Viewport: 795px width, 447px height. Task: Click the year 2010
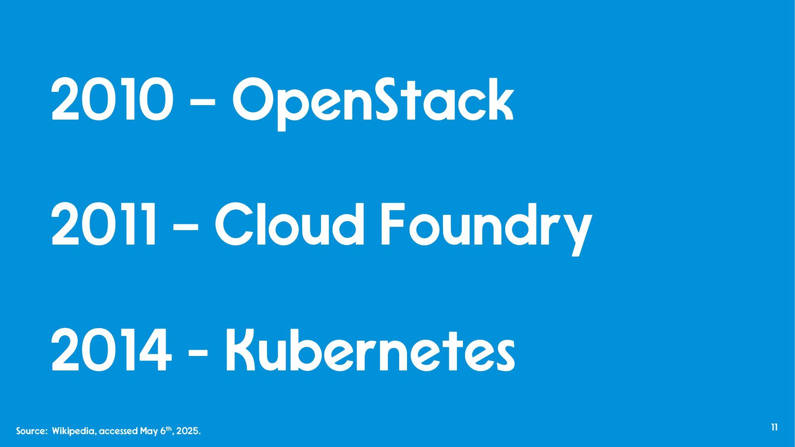(x=111, y=100)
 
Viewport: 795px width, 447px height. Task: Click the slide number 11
(x=774, y=428)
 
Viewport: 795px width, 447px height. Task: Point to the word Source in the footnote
(x=31, y=431)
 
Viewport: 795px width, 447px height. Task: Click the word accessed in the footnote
(x=118, y=431)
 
